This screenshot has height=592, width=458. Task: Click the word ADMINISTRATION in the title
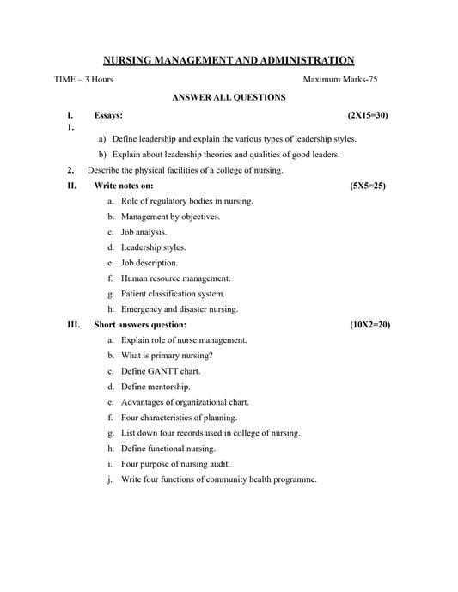click(300, 60)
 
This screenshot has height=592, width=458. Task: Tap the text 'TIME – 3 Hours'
click(83, 79)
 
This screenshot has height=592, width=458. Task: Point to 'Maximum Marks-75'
click(340, 79)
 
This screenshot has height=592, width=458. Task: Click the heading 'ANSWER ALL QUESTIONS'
click(229, 98)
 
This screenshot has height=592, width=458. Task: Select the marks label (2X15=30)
click(368, 114)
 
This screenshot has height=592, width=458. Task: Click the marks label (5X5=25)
click(368, 186)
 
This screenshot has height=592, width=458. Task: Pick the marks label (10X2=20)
click(369, 326)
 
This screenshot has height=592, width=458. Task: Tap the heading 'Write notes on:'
click(124, 186)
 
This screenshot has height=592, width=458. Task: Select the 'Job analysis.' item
click(144, 232)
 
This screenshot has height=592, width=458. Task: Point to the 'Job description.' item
click(150, 263)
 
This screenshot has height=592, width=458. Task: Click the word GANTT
click(163, 371)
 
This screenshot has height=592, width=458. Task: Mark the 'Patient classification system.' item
click(173, 294)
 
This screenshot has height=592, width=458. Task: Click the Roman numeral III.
click(73, 326)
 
